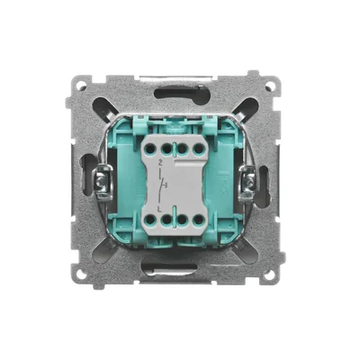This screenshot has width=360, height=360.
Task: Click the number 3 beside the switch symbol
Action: click(x=169, y=184)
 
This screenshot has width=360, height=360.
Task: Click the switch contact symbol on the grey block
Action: click(x=161, y=184)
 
